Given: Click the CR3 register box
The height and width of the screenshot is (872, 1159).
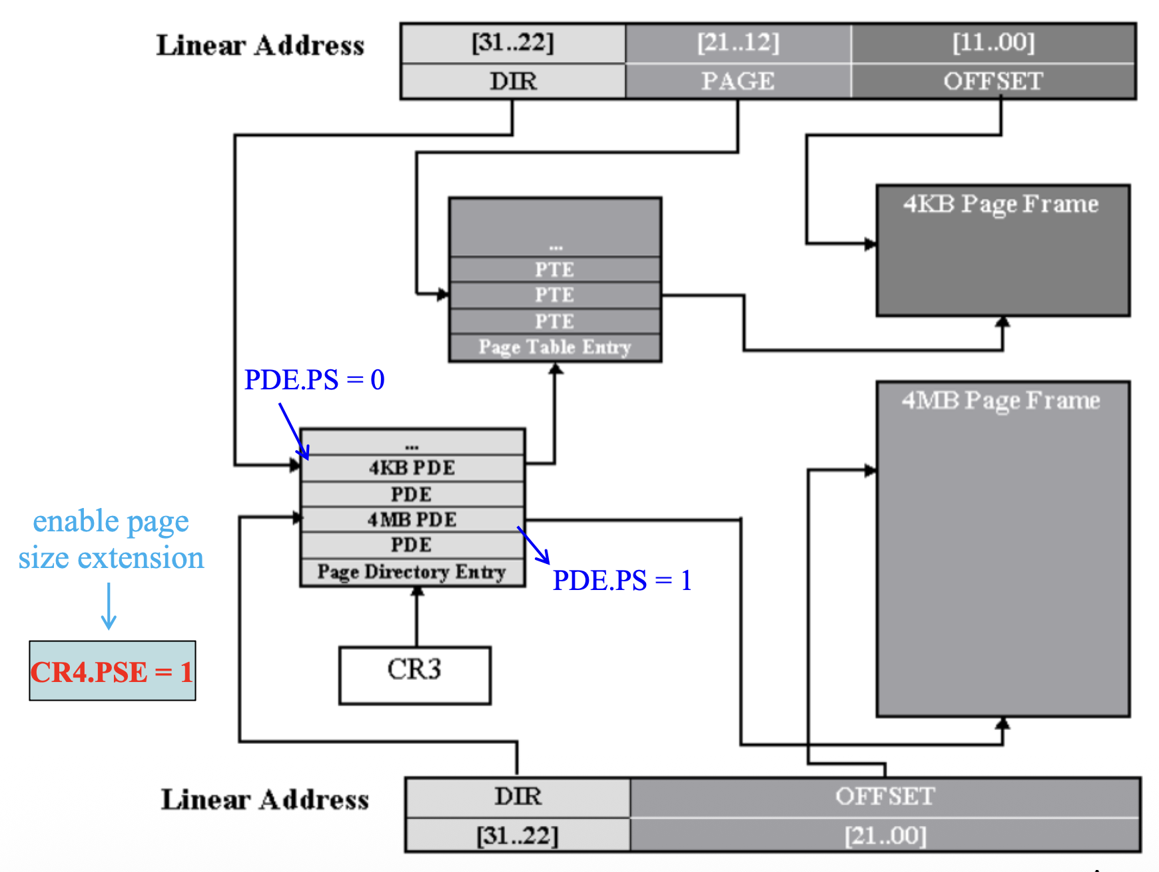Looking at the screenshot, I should click(x=414, y=675).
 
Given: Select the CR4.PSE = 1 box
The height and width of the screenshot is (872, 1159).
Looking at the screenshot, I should click(x=112, y=671).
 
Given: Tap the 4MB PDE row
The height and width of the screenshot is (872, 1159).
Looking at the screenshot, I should click(x=412, y=519).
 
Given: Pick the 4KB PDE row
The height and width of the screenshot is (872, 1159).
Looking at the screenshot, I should click(x=412, y=467).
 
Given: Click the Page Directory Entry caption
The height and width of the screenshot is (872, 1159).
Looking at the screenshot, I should click(x=412, y=572).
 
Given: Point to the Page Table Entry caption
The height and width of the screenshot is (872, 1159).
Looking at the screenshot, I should click(x=554, y=347).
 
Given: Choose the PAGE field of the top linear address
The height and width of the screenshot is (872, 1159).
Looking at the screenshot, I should click(x=738, y=81).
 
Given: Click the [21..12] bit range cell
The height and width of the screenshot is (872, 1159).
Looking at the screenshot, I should click(x=738, y=43).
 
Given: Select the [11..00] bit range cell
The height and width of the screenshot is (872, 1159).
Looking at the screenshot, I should click(x=993, y=43).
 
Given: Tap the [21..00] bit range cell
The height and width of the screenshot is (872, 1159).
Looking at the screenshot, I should click(x=885, y=835).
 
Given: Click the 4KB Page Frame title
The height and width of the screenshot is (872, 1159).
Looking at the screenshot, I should click(x=1001, y=204).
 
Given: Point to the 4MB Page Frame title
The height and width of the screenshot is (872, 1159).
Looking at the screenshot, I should click(x=1001, y=401).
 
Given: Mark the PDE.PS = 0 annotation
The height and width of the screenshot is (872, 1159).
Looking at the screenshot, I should click(x=314, y=380).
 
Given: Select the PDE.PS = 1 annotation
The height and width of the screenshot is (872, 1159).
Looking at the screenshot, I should click(x=622, y=580).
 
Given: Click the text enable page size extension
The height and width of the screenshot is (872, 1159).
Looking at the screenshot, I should click(x=111, y=539).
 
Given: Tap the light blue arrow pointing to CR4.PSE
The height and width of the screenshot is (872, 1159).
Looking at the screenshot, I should click(x=109, y=607).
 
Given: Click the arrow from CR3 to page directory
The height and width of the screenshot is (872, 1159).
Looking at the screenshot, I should click(x=417, y=617).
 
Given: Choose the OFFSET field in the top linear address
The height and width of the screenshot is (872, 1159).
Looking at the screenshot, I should click(x=993, y=81).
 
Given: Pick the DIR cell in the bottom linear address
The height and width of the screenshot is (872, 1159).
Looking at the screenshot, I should click(x=518, y=797).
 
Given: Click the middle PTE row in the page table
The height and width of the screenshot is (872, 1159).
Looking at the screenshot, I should click(x=554, y=295).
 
